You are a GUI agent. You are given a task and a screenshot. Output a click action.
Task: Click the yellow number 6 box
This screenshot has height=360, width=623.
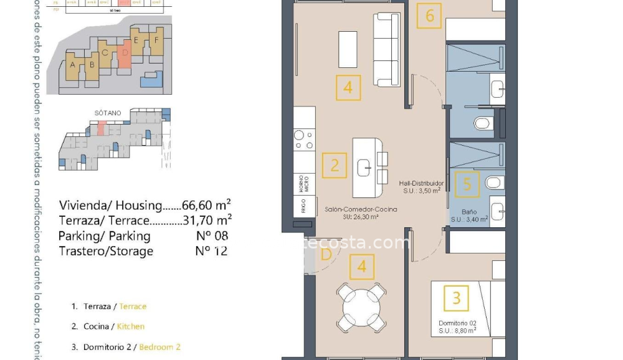tap(430, 15)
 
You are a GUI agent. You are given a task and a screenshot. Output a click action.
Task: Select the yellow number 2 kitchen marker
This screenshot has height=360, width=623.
tap(335, 166)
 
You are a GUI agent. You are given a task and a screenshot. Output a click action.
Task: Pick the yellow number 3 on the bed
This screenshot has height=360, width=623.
tap(456, 298)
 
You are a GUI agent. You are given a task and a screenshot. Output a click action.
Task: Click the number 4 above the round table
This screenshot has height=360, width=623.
tap(362, 267)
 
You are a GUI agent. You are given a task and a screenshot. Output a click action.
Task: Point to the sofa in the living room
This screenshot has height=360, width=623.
tap(386, 50)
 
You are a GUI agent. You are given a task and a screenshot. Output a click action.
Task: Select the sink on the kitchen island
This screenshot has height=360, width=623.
tap(364, 167)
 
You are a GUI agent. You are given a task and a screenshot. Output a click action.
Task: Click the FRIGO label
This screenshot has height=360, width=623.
tap(303, 207)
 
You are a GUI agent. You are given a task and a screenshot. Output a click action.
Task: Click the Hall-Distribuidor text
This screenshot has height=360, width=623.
tap(421, 183)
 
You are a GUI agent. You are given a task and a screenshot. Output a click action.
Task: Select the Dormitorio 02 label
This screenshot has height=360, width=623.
tap(457, 323)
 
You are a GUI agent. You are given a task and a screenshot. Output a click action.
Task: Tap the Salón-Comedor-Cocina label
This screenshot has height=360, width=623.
tap(361, 210)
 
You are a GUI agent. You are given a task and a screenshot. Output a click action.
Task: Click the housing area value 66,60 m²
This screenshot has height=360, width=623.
tap(206, 206)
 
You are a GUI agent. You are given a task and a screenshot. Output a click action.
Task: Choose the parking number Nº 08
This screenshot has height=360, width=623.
tap(211, 236)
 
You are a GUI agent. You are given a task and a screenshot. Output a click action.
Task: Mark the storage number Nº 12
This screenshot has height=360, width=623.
tap(211, 251)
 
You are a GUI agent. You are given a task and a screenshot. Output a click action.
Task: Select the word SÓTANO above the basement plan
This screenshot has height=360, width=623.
tap(108, 113)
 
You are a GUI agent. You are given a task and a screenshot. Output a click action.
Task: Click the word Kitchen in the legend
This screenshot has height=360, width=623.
tap(131, 326)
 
